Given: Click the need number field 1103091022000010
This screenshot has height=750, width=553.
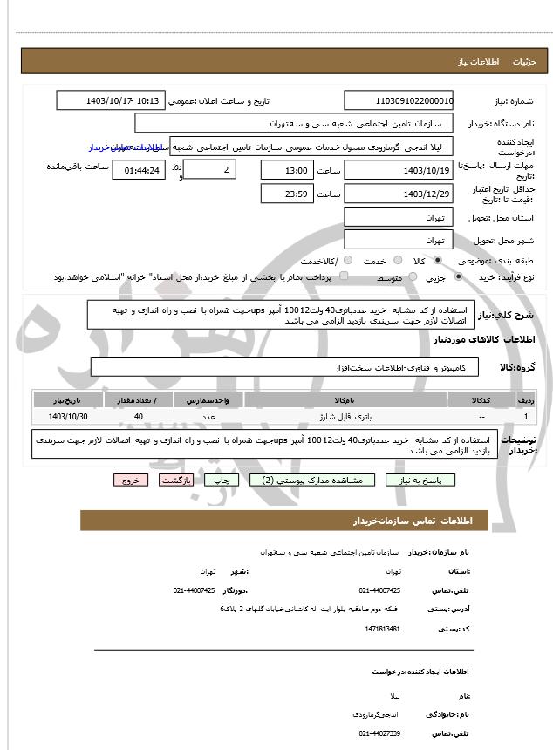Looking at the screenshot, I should pos(399,100).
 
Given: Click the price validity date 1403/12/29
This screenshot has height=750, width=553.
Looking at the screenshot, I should pos(399,194).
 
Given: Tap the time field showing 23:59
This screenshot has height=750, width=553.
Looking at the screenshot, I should pos(286,194).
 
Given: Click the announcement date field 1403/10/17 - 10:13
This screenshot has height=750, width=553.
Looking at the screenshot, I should pos(111,100).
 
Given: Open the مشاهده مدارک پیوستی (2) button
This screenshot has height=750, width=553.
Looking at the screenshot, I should pos(312,480).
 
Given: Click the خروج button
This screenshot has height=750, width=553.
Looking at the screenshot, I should pos(131,480).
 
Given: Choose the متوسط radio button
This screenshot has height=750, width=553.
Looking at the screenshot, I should pos(407,277).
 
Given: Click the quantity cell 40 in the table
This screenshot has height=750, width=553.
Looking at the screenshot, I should pos(139,417).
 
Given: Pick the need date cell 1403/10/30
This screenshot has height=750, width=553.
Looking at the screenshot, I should pos(69,417).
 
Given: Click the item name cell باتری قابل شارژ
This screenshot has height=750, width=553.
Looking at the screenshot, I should pos(345,417).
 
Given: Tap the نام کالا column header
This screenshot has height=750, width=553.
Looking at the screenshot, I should pos(345,399).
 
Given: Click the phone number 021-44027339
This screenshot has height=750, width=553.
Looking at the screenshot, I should pos(379,733).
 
